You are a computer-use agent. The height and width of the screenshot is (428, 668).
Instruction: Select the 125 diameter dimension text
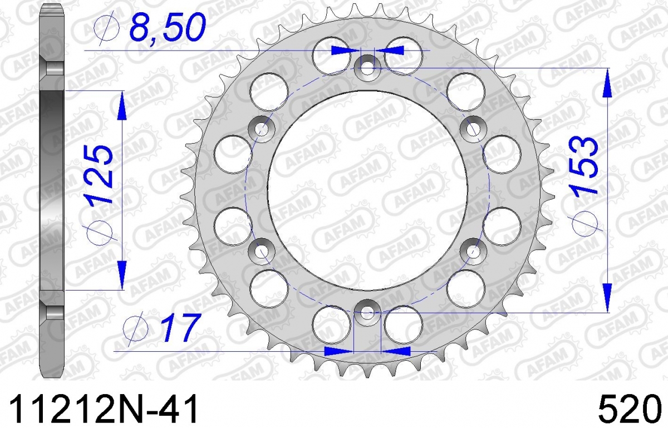tap(98, 174)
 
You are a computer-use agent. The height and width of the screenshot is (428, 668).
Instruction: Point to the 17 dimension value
tap(180, 327)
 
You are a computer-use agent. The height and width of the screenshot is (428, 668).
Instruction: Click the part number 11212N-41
tap(104, 409)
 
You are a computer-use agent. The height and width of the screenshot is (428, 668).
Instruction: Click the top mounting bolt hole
tap(367, 68)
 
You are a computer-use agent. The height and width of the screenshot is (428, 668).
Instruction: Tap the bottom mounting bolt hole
tap(367, 313)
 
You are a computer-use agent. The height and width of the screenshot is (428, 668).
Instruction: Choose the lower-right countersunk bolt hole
tap(473, 252)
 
